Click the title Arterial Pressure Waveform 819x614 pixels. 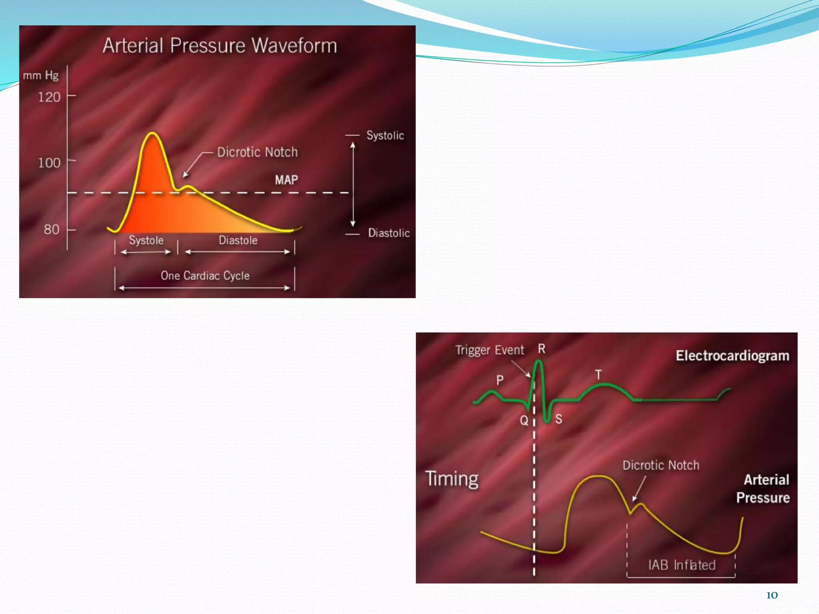(220, 46)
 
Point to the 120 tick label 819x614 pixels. (49, 97)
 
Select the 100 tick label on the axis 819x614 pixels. (49, 163)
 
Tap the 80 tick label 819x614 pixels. (51, 229)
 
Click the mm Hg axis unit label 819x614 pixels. (41, 76)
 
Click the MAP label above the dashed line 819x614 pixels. (286, 180)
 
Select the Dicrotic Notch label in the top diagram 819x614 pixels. (257, 152)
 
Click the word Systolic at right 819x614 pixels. (385, 136)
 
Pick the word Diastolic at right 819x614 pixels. (389, 233)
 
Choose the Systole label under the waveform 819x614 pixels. (146, 240)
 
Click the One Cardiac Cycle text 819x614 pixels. (205, 276)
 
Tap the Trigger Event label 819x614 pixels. (489, 350)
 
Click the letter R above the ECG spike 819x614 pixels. (541, 349)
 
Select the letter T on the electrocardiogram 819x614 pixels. (598, 375)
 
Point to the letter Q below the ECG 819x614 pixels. (524, 421)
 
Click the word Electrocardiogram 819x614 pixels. (732, 356)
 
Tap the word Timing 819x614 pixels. (451, 479)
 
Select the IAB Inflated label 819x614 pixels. (682, 565)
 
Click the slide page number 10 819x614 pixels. (772, 595)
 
